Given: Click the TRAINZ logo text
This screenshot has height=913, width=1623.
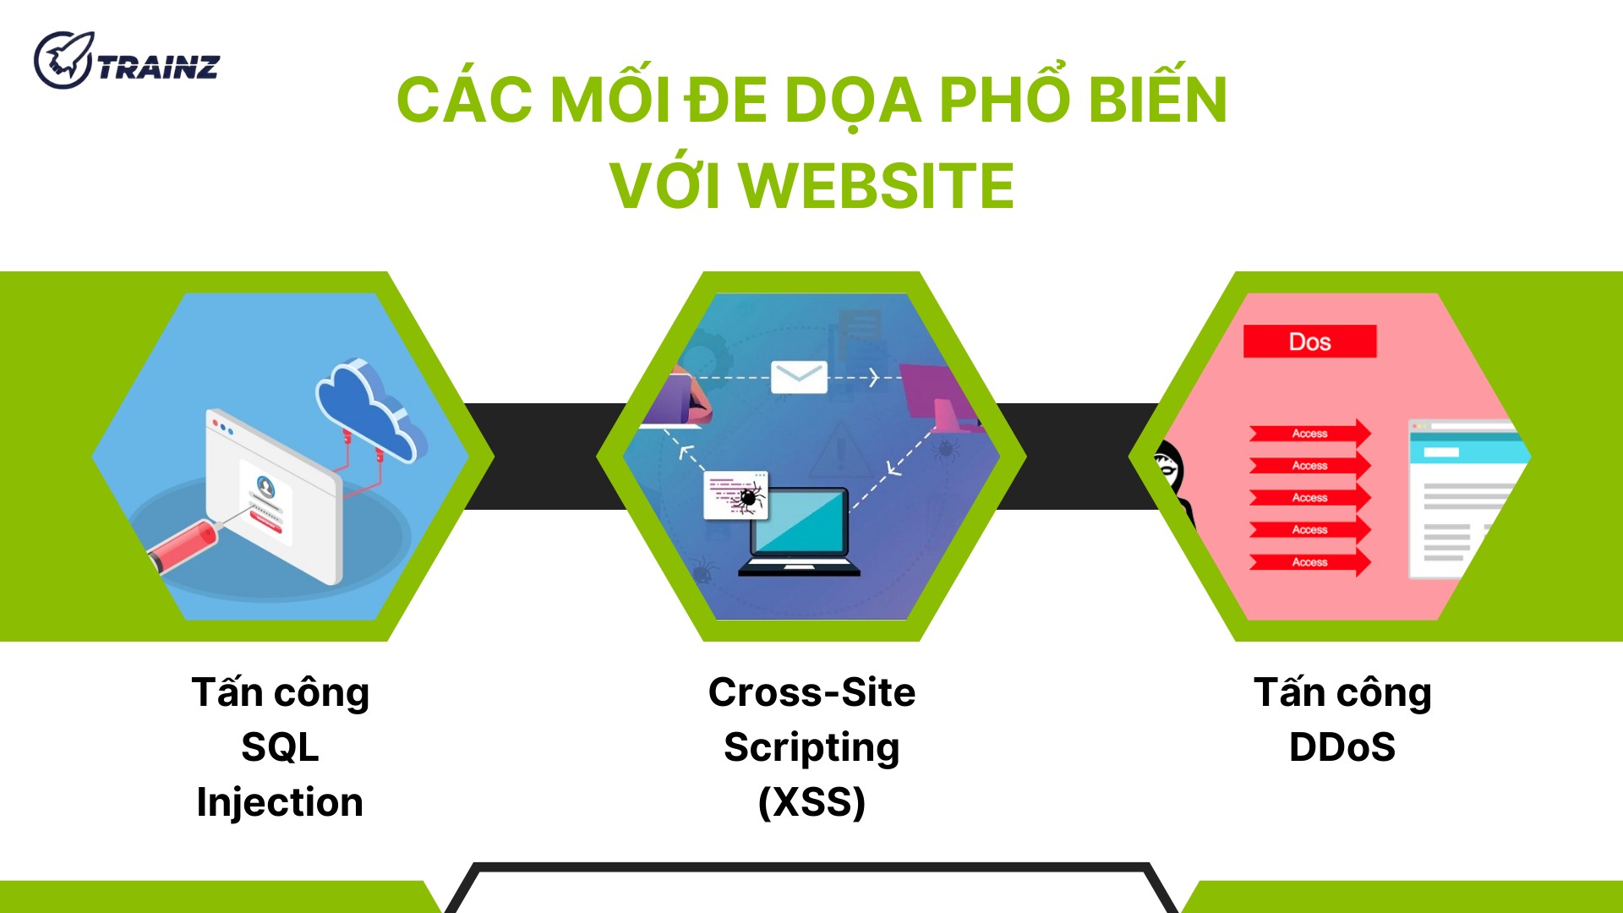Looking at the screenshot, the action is point(158,67).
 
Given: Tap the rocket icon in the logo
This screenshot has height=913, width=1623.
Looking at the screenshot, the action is point(63,59).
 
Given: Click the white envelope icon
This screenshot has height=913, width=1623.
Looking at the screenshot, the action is point(799,377).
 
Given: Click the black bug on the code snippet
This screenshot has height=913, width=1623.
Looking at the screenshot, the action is point(748,499).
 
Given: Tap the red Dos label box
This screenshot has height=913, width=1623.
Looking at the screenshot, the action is point(1309,342).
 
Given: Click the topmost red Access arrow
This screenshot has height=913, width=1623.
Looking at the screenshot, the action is point(1309,434).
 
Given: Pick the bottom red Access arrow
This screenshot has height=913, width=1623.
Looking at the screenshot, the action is point(1309,562).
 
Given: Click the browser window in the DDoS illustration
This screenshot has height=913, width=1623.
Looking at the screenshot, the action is point(1467,500).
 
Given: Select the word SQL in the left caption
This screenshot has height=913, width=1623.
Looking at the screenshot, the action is point(280,747).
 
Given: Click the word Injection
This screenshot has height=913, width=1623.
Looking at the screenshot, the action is point(280,802).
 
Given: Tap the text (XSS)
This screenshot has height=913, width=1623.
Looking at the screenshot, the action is point(811,802).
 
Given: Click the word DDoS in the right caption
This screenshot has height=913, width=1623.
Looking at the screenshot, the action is point(1342,747).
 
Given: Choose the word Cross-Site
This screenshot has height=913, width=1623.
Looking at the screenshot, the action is point(811,692).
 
